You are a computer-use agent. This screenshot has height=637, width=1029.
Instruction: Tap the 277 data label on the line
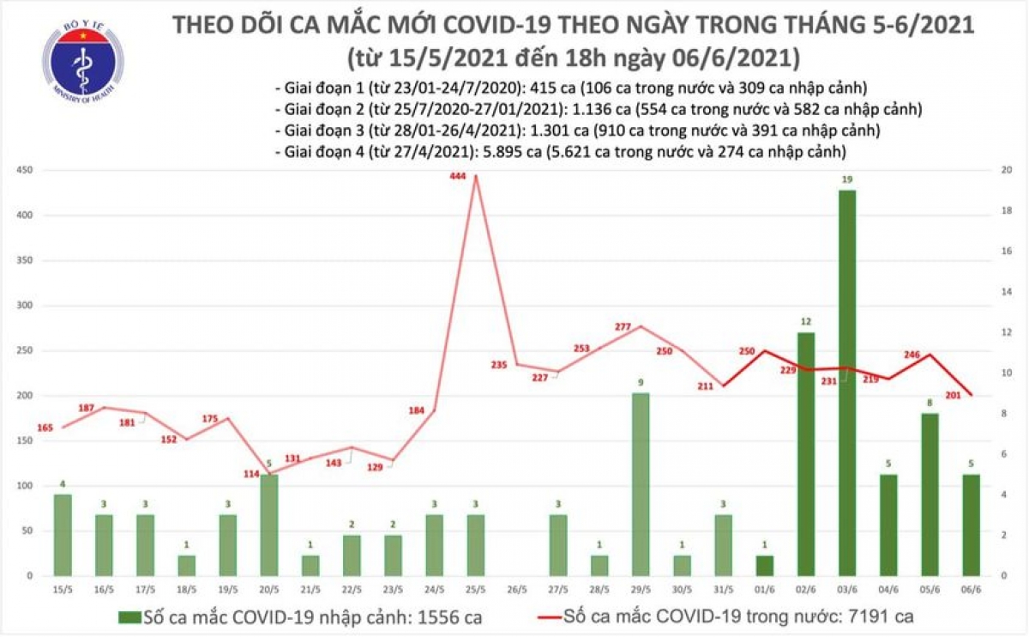click(x=623, y=327)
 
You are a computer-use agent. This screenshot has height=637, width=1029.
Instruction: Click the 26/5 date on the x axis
click(x=515, y=590)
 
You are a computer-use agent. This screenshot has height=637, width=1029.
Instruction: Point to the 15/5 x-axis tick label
click(x=62, y=590)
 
